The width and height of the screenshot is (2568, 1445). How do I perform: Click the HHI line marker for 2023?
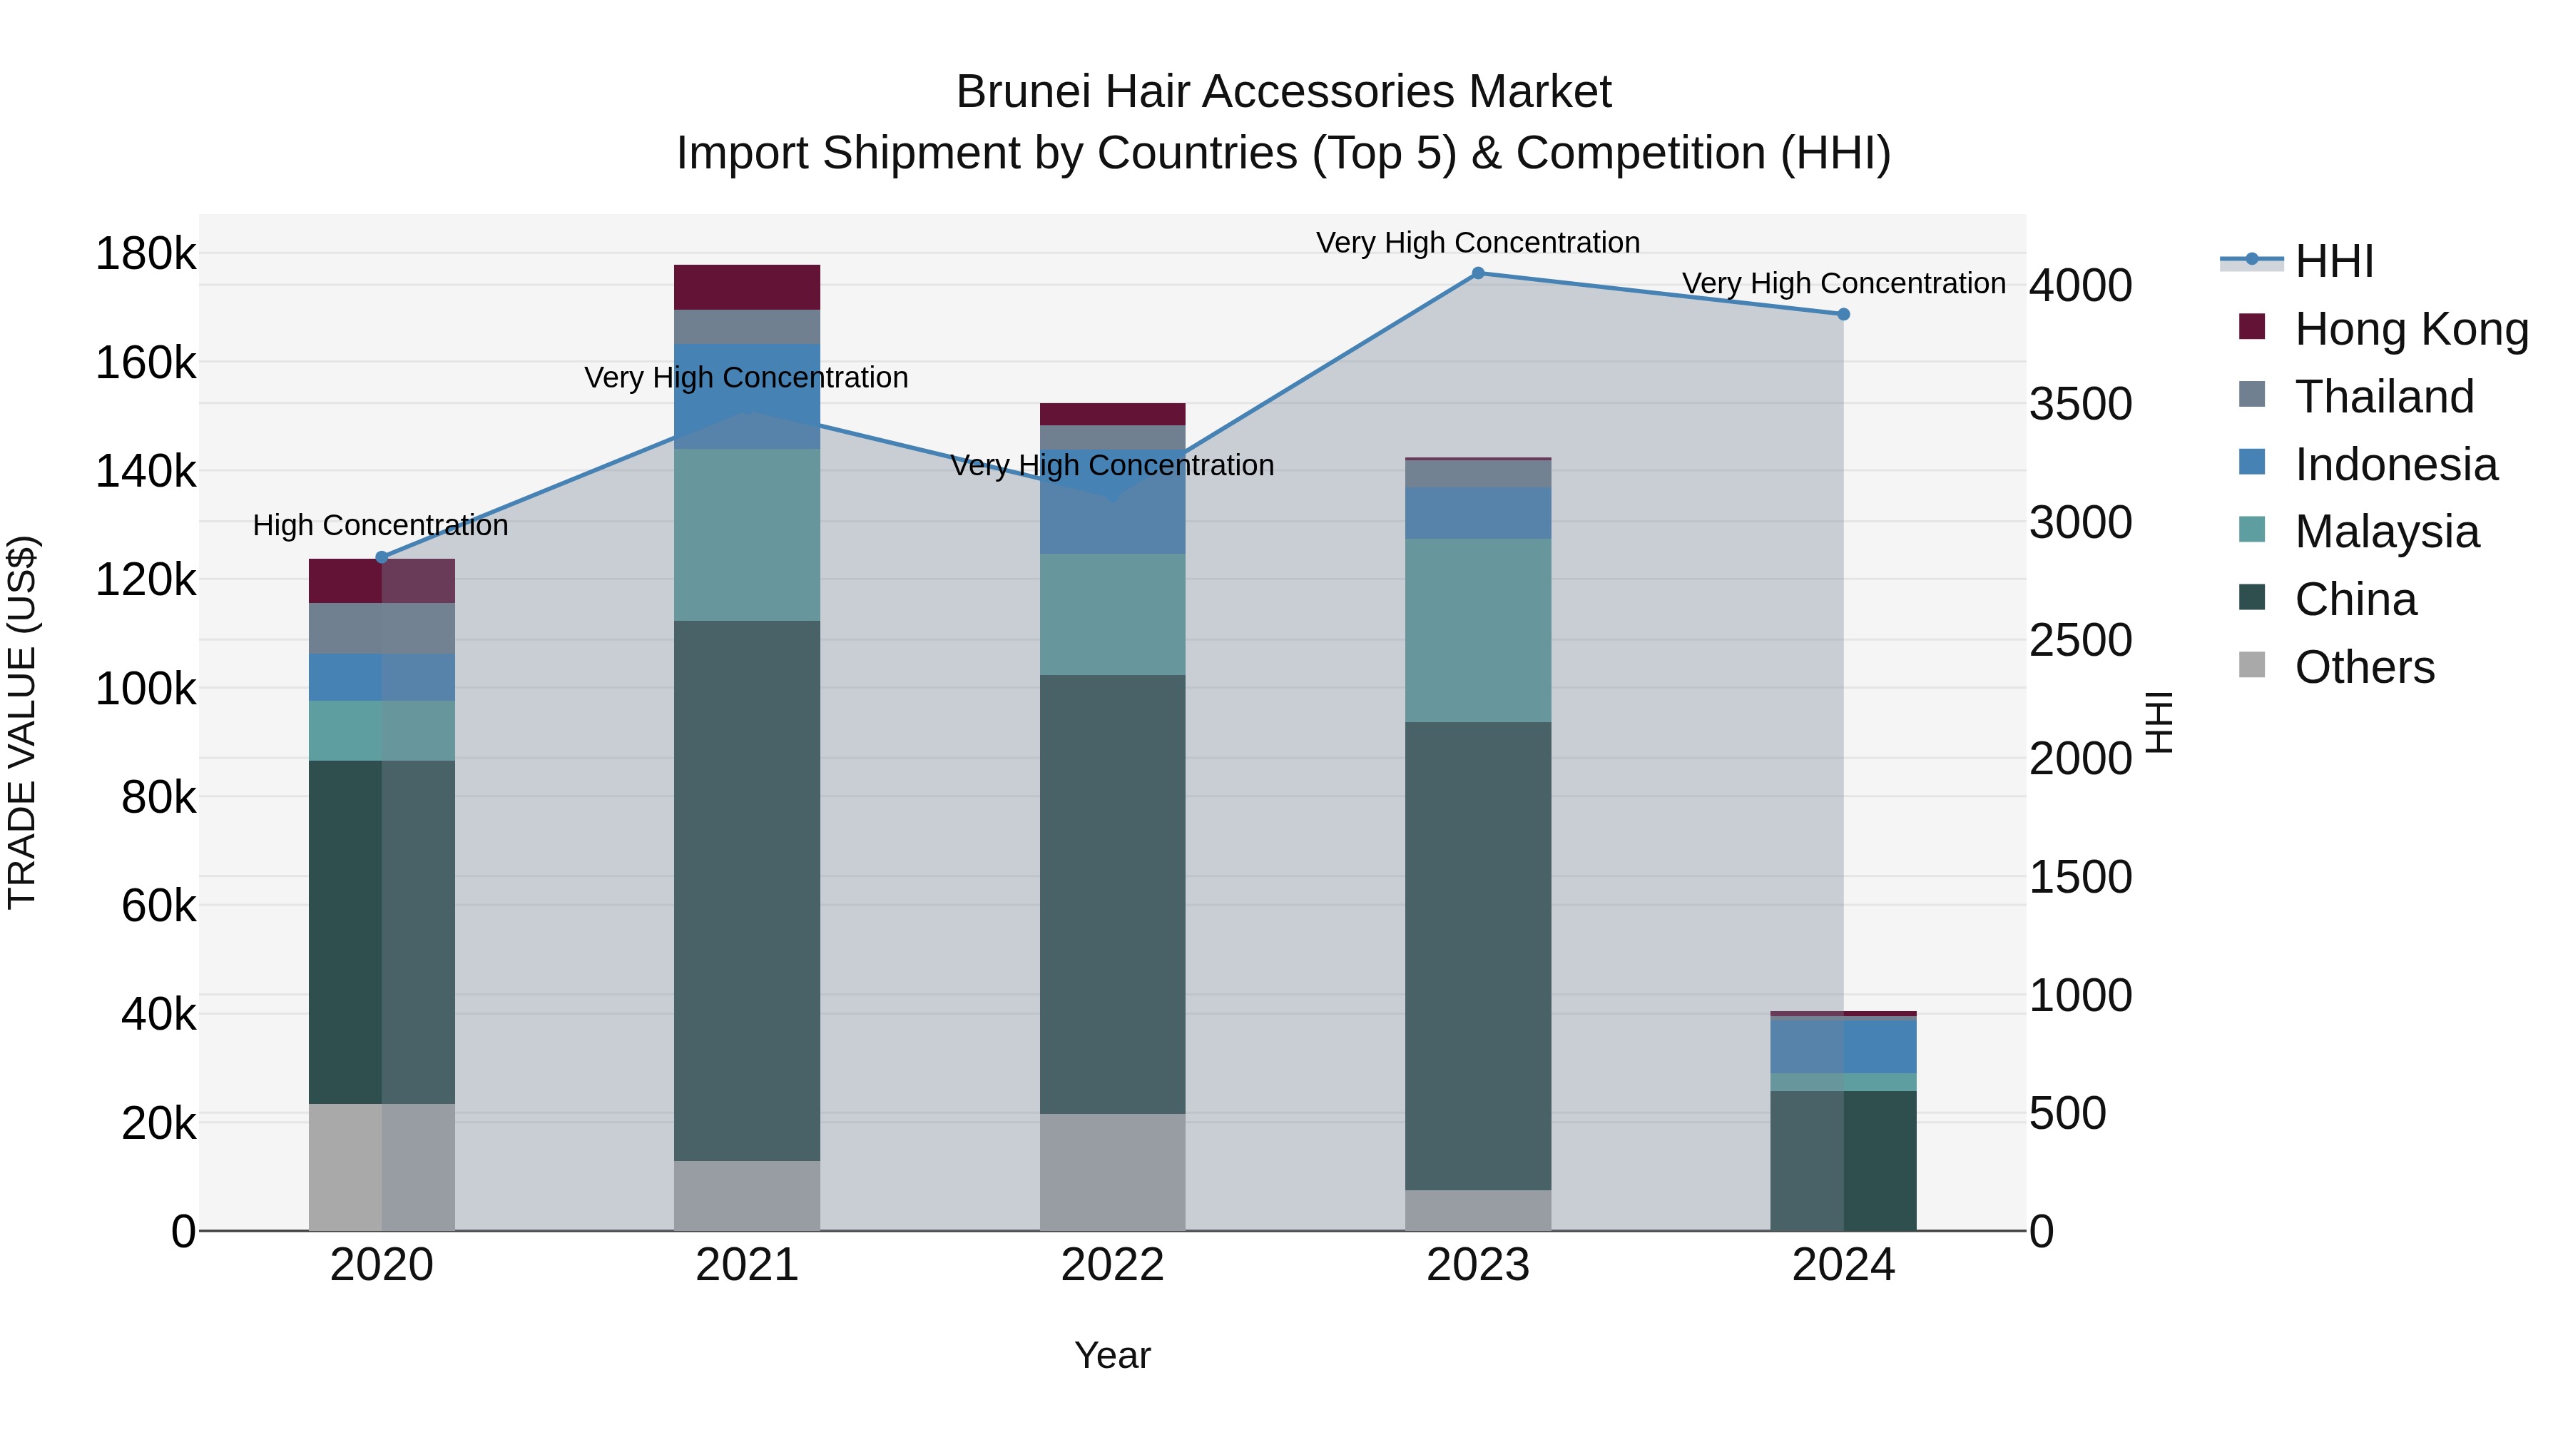point(1479,273)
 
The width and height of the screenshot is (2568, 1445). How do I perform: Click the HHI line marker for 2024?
point(1843,314)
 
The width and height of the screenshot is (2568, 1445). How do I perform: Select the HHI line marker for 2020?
point(381,557)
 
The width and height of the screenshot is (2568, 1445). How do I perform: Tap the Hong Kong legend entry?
point(2410,329)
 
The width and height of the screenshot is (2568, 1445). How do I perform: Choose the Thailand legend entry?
point(2383,397)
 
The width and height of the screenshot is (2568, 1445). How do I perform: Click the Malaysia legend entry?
point(2385,532)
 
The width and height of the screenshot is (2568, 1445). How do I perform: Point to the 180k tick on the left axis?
point(146,254)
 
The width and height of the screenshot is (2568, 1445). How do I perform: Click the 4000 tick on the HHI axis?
point(2081,286)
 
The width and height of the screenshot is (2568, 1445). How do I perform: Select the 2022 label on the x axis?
point(1113,1265)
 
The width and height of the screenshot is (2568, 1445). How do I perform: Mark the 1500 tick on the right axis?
point(2081,878)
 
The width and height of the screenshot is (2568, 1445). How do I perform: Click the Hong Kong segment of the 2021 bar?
point(747,287)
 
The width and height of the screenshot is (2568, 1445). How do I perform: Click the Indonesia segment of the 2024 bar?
point(1843,1046)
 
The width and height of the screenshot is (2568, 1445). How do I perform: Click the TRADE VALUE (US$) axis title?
point(23,722)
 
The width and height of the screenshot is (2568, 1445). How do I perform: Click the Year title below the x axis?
point(1113,1355)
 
